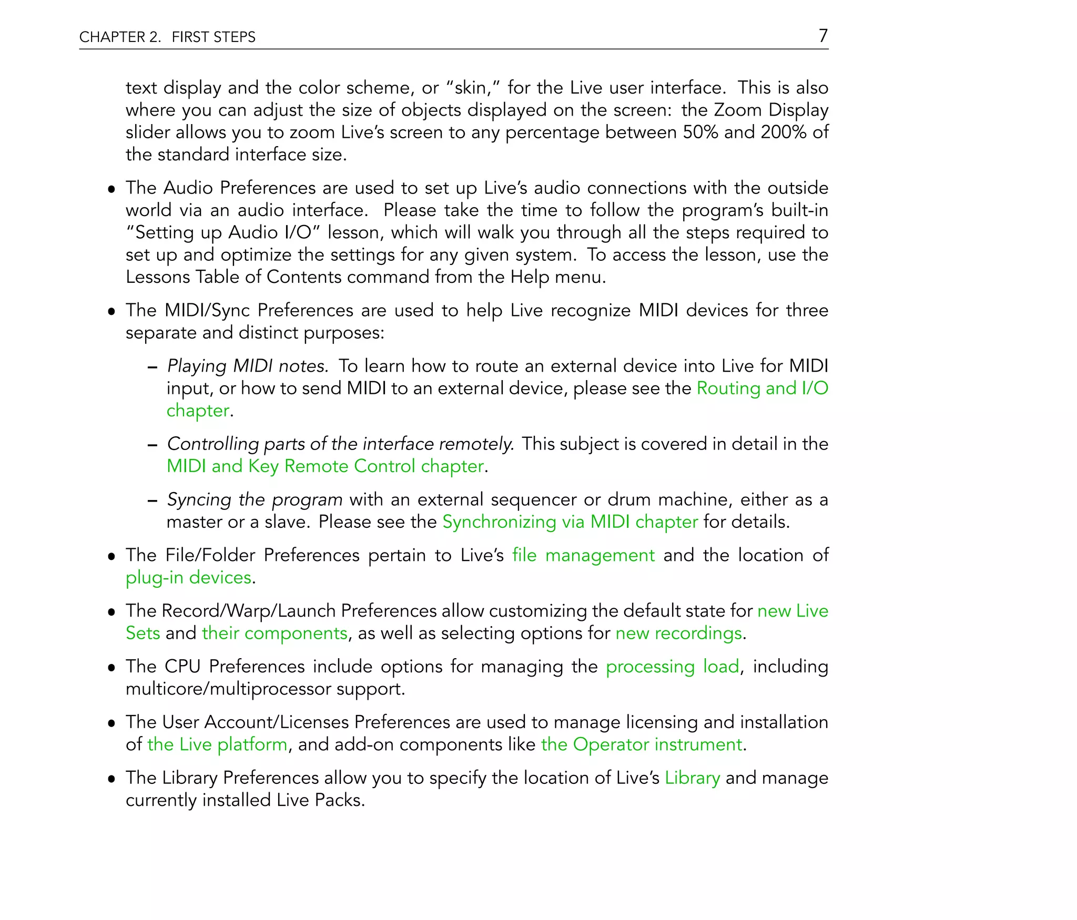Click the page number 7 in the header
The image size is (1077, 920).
click(x=823, y=36)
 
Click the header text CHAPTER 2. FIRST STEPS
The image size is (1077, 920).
click(x=167, y=37)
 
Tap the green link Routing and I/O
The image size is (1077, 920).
click(x=762, y=389)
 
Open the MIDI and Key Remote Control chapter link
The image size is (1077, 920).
click(x=325, y=466)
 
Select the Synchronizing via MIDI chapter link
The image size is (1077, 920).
click(x=570, y=522)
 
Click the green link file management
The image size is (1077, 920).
click(x=583, y=555)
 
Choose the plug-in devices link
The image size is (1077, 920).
click(x=188, y=578)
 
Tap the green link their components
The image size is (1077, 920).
click(x=275, y=633)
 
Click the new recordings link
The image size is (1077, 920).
click(x=679, y=633)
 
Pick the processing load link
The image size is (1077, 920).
click(x=672, y=667)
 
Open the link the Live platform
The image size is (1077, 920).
click(x=217, y=744)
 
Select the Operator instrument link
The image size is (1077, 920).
click(x=642, y=744)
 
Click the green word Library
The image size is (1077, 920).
click(x=692, y=778)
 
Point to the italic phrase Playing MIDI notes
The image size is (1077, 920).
click(x=248, y=366)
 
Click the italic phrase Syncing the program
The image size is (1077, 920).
click(x=255, y=499)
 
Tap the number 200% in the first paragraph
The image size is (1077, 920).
click(x=783, y=132)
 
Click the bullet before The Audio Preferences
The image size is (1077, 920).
click(x=111, y=189)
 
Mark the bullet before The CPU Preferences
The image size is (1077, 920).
click(x=111, y=668)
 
